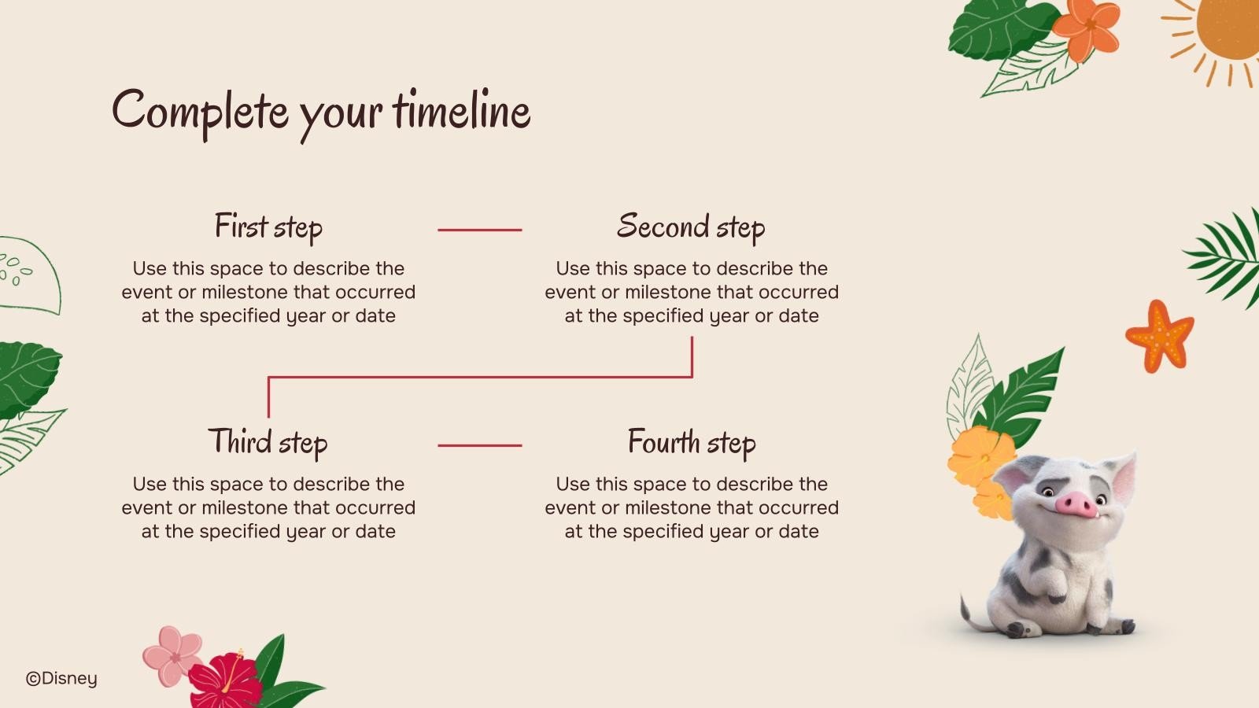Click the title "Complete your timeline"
321,114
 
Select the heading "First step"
268,227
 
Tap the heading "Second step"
691,227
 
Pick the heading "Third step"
268,442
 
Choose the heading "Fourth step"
692,442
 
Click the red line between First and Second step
479,230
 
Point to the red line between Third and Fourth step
479,445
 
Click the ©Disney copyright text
62,679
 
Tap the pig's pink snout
1076,504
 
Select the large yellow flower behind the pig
980,455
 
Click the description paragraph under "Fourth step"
692,508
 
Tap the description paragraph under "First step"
268,292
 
